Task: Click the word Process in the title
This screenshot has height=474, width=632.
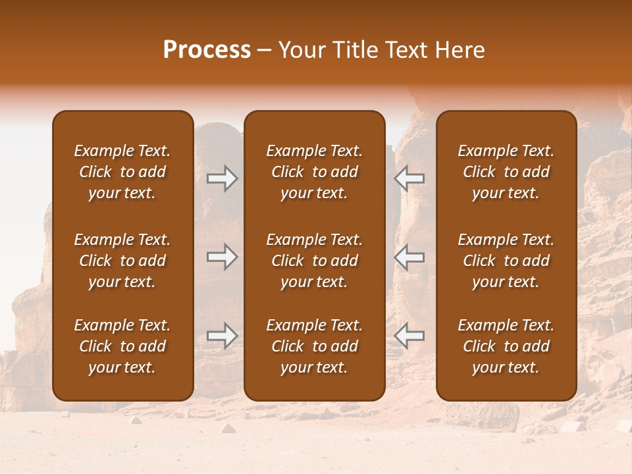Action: (207, 50)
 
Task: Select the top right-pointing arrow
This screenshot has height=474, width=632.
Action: (223, 178)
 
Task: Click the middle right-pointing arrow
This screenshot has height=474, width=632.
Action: (223, 257)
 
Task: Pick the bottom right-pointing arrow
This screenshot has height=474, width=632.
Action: (223, 336)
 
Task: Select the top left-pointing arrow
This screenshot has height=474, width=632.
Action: (409, 178)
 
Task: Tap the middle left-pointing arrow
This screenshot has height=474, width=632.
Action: (409, 257)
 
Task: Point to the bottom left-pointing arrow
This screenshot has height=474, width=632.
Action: (409, 336)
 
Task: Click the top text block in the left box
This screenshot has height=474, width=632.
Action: (122, 172)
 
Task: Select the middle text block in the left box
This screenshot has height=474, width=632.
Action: (122, 261)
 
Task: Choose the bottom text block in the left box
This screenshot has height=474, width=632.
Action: (122, 346)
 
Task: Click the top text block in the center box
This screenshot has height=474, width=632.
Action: (314, 172)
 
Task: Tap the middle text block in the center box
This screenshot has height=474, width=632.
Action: (314, 261)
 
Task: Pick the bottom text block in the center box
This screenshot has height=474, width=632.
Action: (314, 346)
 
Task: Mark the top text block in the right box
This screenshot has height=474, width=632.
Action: (506, 172)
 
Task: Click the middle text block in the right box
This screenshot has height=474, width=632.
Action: (506, 261)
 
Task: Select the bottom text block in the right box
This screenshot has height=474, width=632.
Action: (506, 346)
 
